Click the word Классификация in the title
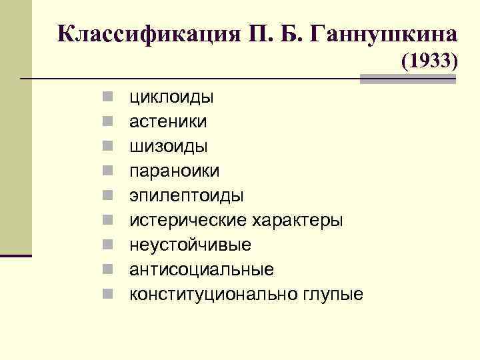(141, 33)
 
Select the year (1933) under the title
(429, 61)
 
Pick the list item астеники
(168, 122)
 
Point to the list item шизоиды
(168, 147)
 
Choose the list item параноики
(174, 171)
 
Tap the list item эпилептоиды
(186, 196)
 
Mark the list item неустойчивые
(190, 245)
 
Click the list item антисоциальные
(201, 269)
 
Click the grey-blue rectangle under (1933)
(407, 79)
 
